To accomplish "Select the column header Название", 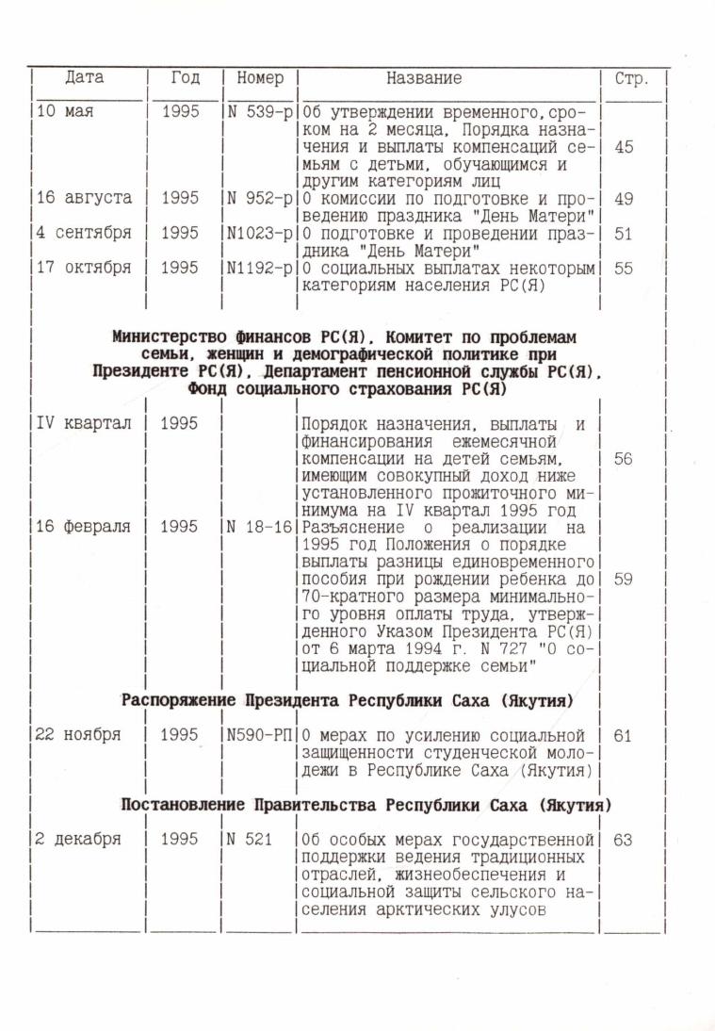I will [x=424, y=78].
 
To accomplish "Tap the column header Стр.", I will [x=631, y=79].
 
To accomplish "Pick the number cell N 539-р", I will [x=260, y=112].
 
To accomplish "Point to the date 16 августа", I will [x=84, y=199].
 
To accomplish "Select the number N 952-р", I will [x=260, y=199].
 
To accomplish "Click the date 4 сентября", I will [x=84, y=233].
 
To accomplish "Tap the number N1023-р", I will [x=260, y=233].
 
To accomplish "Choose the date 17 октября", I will [x=84, y=268].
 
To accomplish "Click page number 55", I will [x=623, y=268].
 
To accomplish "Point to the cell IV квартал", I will [x=84, y=424].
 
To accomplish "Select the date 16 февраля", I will [x=84, y=528].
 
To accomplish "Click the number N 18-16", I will [x=260, y=528].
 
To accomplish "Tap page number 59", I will [x=623, y=580].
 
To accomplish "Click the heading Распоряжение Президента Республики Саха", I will [x=348, y=701].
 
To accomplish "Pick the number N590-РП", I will [x=260, y=736].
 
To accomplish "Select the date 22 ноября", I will [x=78, y=736].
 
